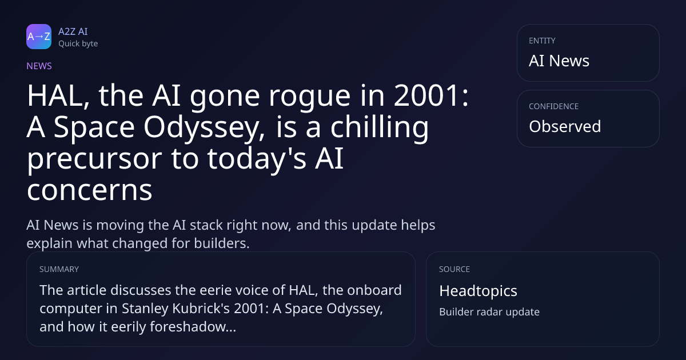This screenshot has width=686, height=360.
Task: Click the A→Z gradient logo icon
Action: [x=39, y=37]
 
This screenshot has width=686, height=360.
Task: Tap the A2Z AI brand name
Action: [x=73, y=31]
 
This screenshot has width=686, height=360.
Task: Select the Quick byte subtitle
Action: [x=78, y=44]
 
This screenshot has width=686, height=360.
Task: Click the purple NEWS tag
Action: [x=39, y=66]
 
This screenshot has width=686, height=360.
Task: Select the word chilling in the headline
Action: [x=380, y=129]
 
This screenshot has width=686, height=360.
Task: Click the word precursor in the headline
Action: [x=94, y=160]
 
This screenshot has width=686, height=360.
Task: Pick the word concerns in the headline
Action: [x=89, y=190]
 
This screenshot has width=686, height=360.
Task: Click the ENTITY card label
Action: [x=542, y=41]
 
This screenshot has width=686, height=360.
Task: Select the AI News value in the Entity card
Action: [x=559, y=61]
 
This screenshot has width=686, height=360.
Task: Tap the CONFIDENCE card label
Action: [x=554, y=106]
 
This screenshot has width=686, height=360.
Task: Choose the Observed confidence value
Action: [x=565, y=126]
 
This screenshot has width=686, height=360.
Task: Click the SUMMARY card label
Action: [x=59, y=269]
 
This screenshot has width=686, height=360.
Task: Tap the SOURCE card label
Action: [x=454, y=269]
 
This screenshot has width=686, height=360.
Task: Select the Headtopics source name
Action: [x=478, y=291]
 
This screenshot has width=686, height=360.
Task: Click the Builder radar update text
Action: [x=489, y=312]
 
